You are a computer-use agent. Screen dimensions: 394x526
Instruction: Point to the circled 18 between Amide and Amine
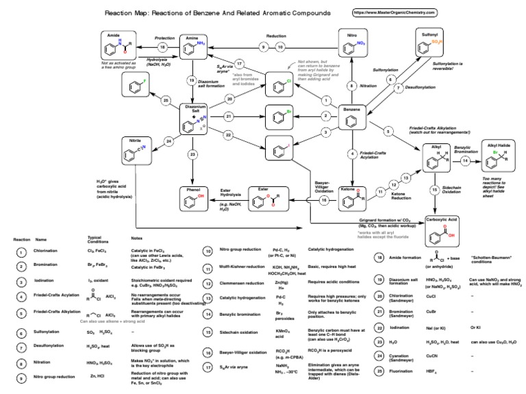[x=163, y=47]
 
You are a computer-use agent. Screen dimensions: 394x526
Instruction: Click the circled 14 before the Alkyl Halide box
[x=465, y=160]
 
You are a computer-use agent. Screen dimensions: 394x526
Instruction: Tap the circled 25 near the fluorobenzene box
[x=166, y=101]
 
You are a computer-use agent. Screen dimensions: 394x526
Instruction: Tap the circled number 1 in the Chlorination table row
[x=22, y=252]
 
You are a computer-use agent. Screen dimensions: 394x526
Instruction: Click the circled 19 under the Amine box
[x=192, y=79]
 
